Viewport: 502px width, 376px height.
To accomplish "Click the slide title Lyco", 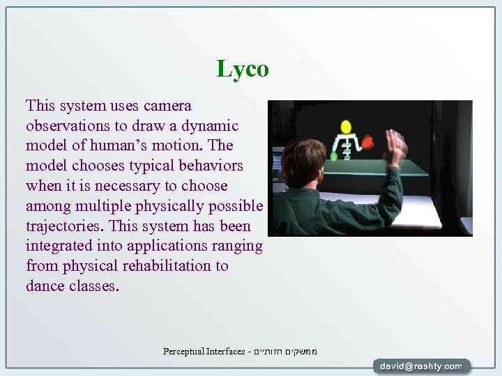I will pos(243,69).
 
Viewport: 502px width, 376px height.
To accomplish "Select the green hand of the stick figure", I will pos(333,157).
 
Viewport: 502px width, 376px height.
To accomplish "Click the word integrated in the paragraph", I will pos(61,246).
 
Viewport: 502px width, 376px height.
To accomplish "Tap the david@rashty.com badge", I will pos(421,366).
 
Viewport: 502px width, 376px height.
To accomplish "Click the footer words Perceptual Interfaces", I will pos(204,352).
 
